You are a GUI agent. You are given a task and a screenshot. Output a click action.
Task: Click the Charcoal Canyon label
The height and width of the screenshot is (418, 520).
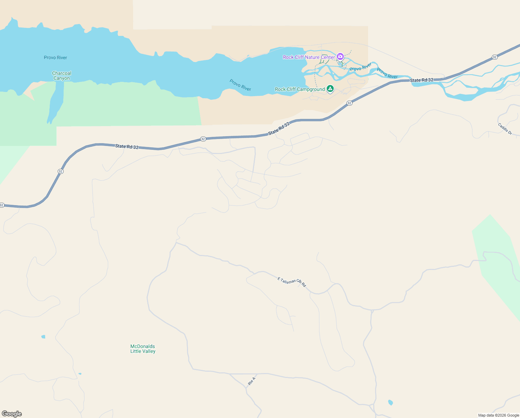pyautogui.click(x=62, y=76)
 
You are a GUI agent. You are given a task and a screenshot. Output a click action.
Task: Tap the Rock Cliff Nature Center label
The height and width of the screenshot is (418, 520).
pyautogui.click(x=309, y=57)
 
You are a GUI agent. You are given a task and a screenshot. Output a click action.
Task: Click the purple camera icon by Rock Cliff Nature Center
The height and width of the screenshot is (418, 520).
pyautogui.click(x=340, y=56)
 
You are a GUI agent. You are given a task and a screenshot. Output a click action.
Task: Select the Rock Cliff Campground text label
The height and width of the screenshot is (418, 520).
pyautogui.click(x=300, y=89)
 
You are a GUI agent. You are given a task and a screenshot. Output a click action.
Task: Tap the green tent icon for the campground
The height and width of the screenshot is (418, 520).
pyautogui.click(x=330, y=89)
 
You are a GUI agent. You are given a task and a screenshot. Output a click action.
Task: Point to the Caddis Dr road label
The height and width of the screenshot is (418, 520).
pyautogui.click(x=505, y=129)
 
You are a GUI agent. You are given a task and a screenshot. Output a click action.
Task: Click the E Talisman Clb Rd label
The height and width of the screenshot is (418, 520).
pyautogui.click(x=292, y=282)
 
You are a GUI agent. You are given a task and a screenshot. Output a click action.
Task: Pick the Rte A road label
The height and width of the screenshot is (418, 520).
pyautogui.click(x=252, y=381)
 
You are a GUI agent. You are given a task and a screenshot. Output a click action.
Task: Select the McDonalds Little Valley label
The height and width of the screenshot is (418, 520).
pyautogui.click(x=143, y=349)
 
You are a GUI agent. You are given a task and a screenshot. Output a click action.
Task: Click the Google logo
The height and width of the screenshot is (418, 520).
pyautogui.click(x=12, y=414)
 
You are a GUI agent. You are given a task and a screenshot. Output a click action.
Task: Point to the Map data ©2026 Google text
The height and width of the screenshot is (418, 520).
pyautogui.click(x=498, y=415)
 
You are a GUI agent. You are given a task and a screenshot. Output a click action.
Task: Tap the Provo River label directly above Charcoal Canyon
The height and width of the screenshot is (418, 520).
pyautogui.click(x=55, y=57)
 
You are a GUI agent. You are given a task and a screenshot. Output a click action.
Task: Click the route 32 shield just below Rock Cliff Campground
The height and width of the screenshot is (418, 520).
pyautogui.click(x=349, y=103)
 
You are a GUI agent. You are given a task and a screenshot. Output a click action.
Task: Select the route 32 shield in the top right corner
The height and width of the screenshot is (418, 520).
pyautogui.click(x=495, y=57)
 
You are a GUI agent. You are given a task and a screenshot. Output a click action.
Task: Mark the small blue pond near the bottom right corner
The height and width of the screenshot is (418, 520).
pyautogui.click(x=390, y=403)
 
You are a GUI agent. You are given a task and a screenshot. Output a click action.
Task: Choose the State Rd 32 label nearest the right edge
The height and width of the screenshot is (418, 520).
pyautogui.click(x=422, y=80)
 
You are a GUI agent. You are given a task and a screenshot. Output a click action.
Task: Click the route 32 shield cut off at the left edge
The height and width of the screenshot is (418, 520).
pyautogui.click(x=2, y=205)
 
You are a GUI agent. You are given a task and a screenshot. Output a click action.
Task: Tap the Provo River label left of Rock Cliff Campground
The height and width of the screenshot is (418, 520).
pyautogui.click(x=240, y=85)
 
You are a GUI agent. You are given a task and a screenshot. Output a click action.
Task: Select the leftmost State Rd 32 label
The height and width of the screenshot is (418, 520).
pyautogui.click(x=127, y=147)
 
